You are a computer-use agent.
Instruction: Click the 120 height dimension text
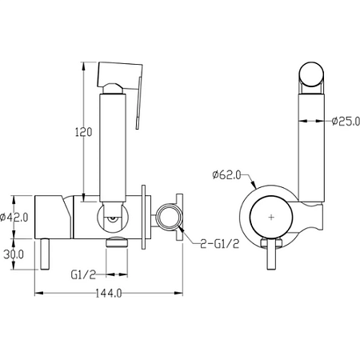[x=83, y=132]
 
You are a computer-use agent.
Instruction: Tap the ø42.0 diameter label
[x=14, y=218]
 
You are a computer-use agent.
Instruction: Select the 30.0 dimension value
[x=14, y=254]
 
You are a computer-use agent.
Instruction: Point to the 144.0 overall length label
[x=109, y=294]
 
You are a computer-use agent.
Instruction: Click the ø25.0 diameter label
[x=346, y=122]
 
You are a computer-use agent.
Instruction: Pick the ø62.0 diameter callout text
[x=226, y=175]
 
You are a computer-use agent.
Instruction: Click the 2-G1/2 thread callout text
[x=220, y=244]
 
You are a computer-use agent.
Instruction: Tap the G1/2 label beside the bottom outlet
[x=83, y=274]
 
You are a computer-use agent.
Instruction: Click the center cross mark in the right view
[x=271, y=217]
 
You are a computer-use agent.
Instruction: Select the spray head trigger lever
[x=138, y=102]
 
